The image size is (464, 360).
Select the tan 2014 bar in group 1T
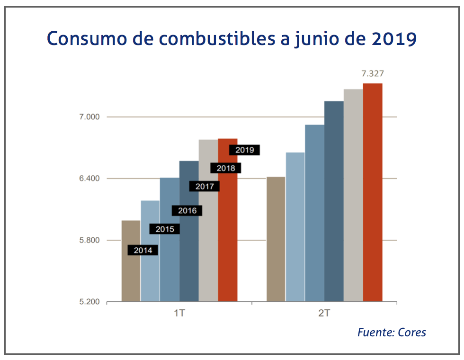(131, 275)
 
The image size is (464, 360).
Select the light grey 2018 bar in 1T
(208, 227)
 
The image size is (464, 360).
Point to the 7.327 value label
(372, 74)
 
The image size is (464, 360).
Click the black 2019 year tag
(244, 150)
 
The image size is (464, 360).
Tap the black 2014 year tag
(143, 251)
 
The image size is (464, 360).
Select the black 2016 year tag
(187, 211)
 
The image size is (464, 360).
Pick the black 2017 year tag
(205, 187)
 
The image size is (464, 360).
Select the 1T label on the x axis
(179, 314)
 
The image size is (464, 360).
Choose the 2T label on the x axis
(324, 314)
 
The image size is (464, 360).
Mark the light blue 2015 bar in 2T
(295, 227)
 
